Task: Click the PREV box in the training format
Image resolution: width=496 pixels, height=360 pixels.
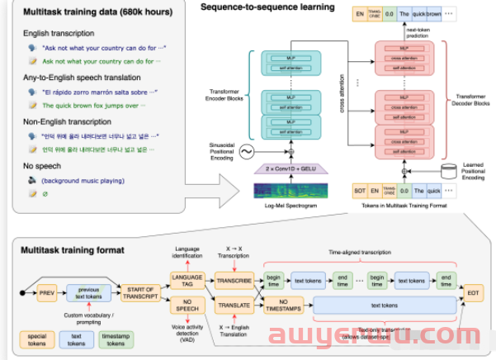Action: point(47,292)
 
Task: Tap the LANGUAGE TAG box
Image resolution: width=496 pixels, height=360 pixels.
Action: point(187,280)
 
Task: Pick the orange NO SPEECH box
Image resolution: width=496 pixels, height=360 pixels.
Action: point(187,307)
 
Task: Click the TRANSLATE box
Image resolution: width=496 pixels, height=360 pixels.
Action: point(234,306)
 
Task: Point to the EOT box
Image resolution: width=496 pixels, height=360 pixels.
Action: point(473,292)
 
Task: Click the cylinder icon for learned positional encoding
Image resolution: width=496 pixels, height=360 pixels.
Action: point(449,171)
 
